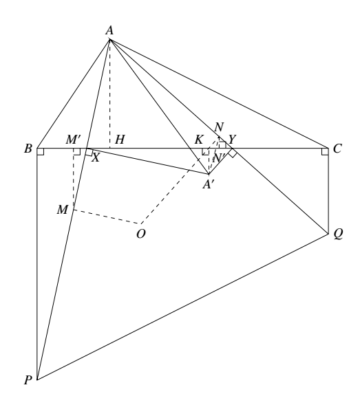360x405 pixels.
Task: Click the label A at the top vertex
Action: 109,30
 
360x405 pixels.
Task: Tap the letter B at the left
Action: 28,149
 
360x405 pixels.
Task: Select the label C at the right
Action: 337,149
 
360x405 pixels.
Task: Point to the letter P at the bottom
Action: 28,380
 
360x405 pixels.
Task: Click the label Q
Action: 338,234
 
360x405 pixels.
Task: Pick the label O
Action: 141,234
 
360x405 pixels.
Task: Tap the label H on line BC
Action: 120,140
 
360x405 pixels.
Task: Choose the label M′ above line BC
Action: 74,140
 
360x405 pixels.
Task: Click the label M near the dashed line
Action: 63,210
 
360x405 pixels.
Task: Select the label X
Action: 96,157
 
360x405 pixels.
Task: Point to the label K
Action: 198,140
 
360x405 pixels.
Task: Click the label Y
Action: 232,140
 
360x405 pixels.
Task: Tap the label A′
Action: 208,184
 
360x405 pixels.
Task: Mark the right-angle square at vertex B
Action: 41,152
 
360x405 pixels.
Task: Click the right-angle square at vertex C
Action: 325,152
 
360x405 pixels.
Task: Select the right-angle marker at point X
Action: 89,153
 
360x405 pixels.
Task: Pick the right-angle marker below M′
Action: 77,152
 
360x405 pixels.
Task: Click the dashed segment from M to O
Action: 107,217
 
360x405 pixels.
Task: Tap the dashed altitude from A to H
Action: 110,94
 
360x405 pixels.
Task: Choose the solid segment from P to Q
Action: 183,307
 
